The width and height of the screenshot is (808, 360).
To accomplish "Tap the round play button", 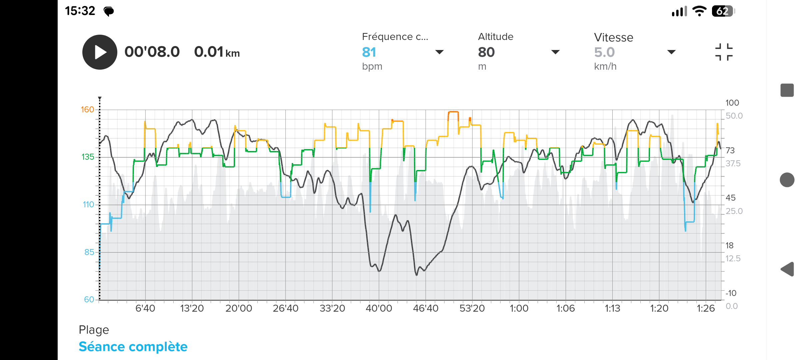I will click(x=100, y=52).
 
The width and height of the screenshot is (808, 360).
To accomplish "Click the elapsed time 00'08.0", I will click(x=152, y=52).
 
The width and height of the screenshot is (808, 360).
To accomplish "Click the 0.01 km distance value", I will click(x=217, y=52).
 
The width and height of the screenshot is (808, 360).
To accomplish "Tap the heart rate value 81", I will click(x=369, y=52).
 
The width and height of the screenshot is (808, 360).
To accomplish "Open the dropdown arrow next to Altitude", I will click(x=555, y=52).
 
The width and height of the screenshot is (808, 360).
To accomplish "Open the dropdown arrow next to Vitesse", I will click(x=671, y=52).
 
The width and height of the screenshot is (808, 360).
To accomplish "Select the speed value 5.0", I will click(x=604, y=52).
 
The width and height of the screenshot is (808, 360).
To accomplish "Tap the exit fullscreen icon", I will click(x=724, y=52).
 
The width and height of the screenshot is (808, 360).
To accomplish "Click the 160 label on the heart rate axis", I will click(x=88, y=110).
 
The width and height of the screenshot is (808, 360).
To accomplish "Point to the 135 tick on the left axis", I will click(x=88, y=157).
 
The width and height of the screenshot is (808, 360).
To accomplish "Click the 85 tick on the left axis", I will click(x=89, y=252).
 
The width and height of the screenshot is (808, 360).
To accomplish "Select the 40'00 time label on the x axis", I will click(x=379, y=308).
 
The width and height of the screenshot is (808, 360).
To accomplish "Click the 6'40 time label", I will click(x=145, y=308).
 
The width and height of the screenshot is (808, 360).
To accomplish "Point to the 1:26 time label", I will click(x=706, y=308).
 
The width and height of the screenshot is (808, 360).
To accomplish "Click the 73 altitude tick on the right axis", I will click(x=730, y=150).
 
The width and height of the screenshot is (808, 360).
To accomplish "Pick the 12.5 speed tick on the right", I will click(x=733, y=259).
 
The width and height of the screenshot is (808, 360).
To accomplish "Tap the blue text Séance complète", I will click(x=133, y=347).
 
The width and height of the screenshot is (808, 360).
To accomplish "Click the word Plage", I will click(x=94, y=330).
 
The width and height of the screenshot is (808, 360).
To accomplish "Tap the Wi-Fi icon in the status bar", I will click(x=699, y=11).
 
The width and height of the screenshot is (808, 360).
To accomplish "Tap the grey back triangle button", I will click(x=787, y=269).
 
